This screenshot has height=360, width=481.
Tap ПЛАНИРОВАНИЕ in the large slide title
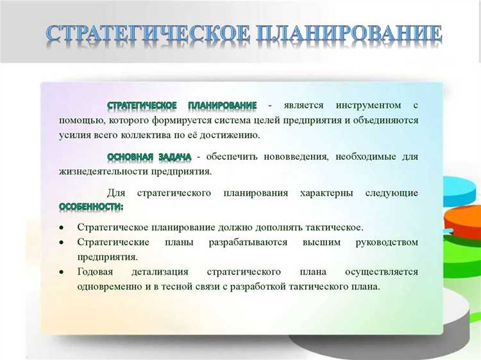point(349,35)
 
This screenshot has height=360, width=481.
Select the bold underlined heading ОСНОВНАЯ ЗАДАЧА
point(149,157)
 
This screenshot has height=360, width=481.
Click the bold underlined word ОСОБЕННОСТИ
point(91,207)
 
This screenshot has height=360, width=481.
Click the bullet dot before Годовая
point(62,272)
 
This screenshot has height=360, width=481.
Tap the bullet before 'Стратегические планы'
point(62,243)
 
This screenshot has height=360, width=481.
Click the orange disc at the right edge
point(464,218)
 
